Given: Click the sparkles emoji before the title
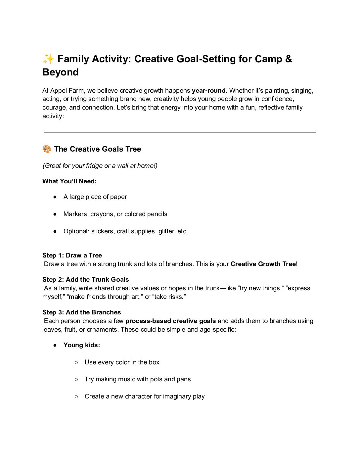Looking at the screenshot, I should tap(48, 59).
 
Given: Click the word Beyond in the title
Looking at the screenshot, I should tap(61, 72).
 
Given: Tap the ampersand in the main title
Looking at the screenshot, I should tap(288, 59).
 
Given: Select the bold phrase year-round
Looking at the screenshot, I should tap(208, 91).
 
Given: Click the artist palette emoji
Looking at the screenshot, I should tap(47, 149).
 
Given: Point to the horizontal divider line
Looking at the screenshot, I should tap(180, 133).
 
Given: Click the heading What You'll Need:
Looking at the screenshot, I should tap(69, 181).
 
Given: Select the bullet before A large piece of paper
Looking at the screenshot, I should tap(55, 197).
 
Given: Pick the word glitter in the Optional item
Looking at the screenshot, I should tap(166, 231).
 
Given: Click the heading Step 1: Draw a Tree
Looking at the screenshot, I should tap(72, 256).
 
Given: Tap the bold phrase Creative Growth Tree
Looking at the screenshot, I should tap(263, 264).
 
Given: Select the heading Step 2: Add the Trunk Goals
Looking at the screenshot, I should tap(85, 280).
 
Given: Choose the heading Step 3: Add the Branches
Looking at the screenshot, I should tap(81, 312).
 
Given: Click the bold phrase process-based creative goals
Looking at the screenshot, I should tap(170, 321).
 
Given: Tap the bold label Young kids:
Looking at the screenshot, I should tap(82, 345).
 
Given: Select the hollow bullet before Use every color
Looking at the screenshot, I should tap(76, 362).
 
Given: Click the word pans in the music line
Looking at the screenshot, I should tap(184, 379).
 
